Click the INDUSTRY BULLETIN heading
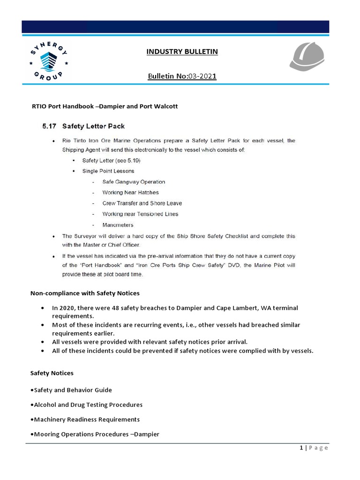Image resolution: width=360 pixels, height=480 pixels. (x=182, y=52)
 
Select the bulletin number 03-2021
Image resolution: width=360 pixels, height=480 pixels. (x=202, y=75)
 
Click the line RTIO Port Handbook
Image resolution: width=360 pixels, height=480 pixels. (x=104, y=106)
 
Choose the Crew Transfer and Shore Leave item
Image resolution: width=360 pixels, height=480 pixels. (x=142, y=203)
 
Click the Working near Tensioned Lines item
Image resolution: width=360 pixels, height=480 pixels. (x=140, y=214)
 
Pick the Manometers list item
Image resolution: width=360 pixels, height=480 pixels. (x=118, y=225)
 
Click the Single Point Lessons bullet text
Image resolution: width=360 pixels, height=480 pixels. (x=108, y=171)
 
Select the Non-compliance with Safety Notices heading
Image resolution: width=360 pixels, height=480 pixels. (x=85, y=293)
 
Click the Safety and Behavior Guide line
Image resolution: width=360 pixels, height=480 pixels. (x=71, y=390)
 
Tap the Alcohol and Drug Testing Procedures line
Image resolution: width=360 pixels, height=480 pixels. (x=86, y=405)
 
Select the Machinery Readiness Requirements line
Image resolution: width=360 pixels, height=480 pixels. (x=85, y=420)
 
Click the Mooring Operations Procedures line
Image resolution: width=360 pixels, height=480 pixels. (x=95, y=434)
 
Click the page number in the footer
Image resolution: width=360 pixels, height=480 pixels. (x=302, y=448)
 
